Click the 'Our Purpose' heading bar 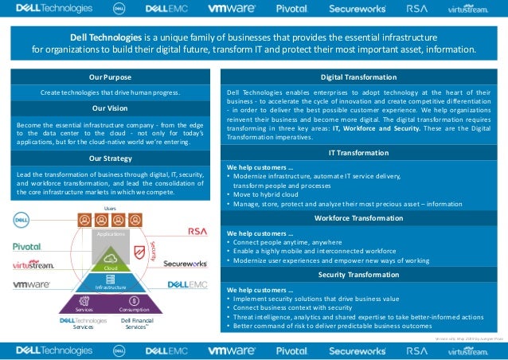tap(111, 76)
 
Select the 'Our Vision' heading tap(111, 108)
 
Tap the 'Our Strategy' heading tap(111, 158)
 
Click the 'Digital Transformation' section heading tap(358, 76)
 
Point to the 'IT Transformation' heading tap(358, 152)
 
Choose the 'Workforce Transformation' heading tap(358, 217)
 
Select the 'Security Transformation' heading tap(358, 274)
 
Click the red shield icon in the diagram tap(140, 253)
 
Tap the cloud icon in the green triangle tap(111, 258)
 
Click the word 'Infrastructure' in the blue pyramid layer tap(111, 286)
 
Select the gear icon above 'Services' tap(84, 299)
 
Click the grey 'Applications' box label tap(111, 236)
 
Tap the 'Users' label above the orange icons tap(111, 207)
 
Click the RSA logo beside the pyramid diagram tap(197, 232)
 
